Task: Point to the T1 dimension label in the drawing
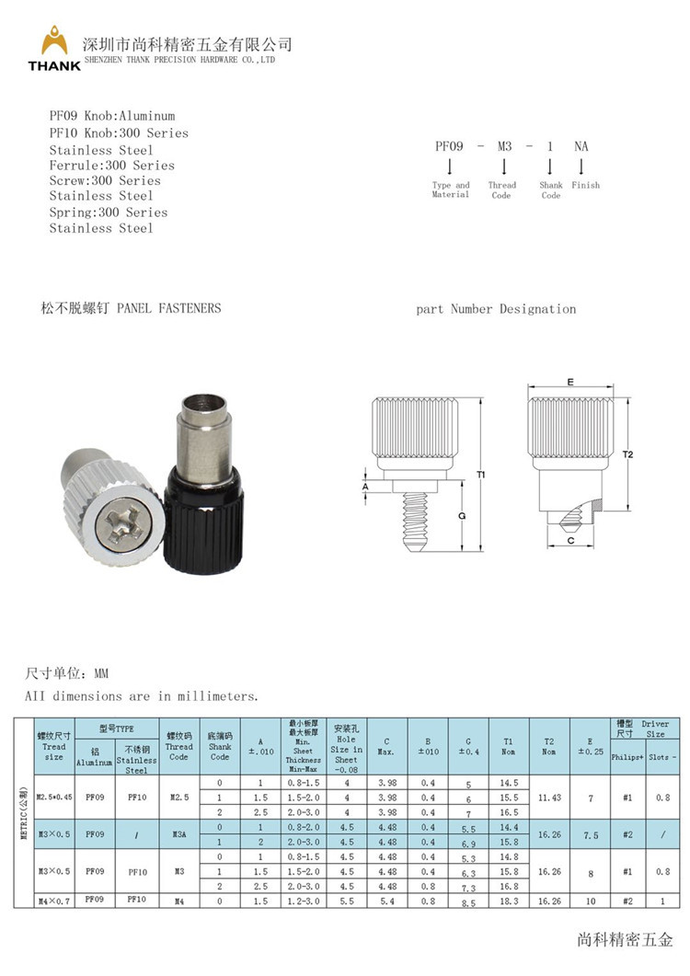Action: coord(481,474)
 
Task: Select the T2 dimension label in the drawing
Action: coord(628,454)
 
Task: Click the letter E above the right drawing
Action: coord(570,381)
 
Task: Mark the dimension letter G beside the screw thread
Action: coord(461,516)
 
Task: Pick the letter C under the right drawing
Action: coord(570,542)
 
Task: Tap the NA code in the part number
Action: coord(581,145)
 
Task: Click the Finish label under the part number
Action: coord(585,185)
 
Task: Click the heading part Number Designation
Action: coord(496,309)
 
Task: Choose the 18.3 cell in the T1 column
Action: coord(509,901)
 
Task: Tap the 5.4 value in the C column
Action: coord(387,901)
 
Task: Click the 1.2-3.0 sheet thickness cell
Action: coord(303,901)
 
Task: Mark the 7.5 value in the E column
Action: coord(590,834)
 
